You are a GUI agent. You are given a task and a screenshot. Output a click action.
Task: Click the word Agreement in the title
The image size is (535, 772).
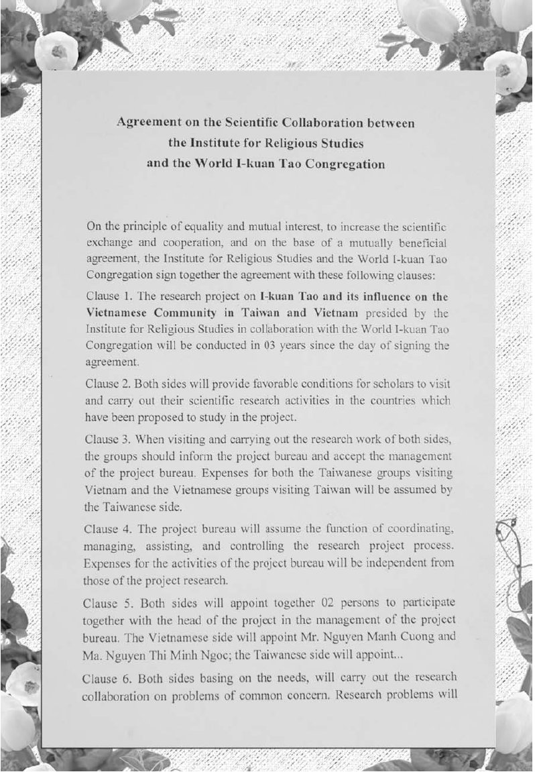point(145,123)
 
